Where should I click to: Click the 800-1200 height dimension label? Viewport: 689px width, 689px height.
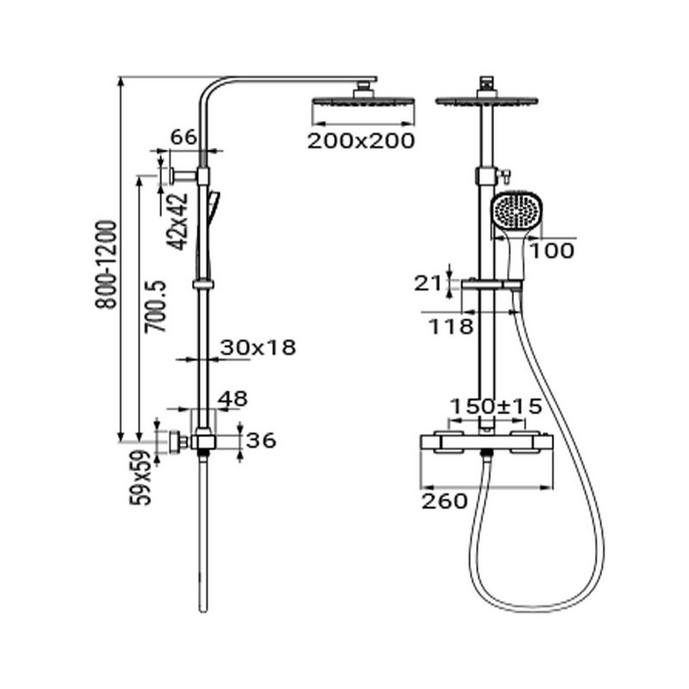tap(106, 264)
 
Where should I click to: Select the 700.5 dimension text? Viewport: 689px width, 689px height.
tap(156, 307)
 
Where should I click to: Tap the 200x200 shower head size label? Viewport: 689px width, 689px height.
tap(361, 141)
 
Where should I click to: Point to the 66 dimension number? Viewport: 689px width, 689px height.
tap(183, 137)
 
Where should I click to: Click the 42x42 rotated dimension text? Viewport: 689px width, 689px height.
tap(178, 222)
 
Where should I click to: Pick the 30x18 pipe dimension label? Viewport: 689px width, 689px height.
tap(258, 348)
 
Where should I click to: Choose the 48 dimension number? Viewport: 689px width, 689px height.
tap(233, 399)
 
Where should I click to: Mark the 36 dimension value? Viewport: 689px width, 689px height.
tap(261, 440)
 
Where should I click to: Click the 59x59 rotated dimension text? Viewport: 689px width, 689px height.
tap(140, 478)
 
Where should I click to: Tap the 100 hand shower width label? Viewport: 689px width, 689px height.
tap(552, 251)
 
